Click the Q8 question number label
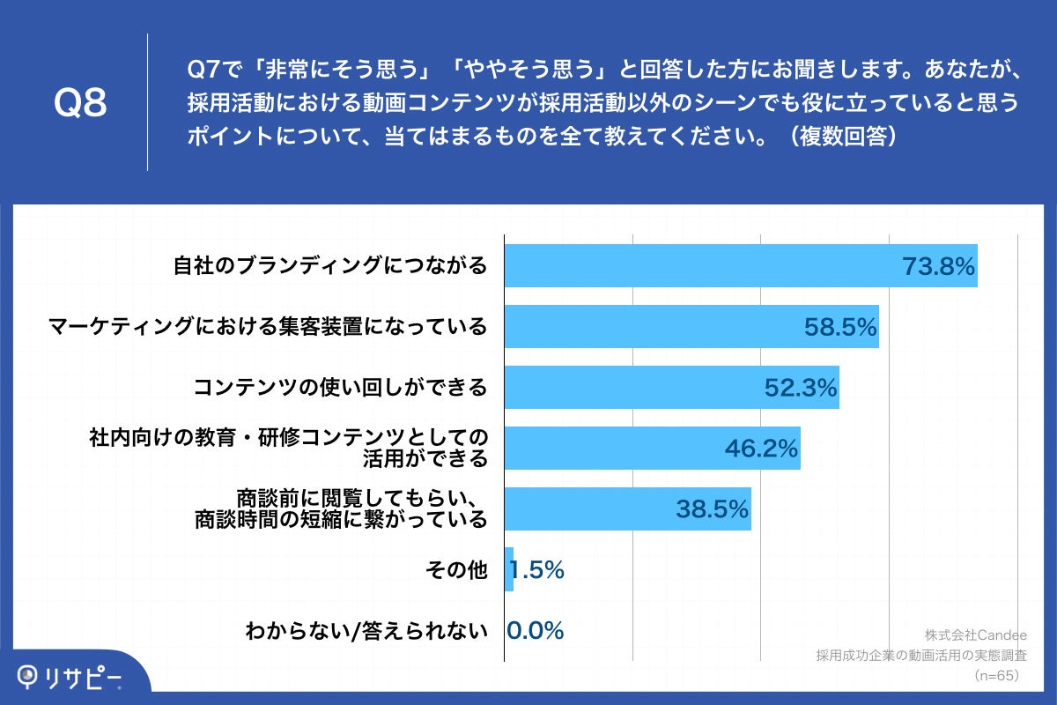[80, 103]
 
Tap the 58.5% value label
[840, 327]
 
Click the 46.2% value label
[761, 449]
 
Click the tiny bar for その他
[509, 569]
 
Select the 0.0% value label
[536, 630]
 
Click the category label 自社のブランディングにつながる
[329, 266]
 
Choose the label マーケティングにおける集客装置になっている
[267, 327]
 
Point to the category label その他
[456, 570]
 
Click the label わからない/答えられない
[366, 630]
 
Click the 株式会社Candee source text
[972, 634]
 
